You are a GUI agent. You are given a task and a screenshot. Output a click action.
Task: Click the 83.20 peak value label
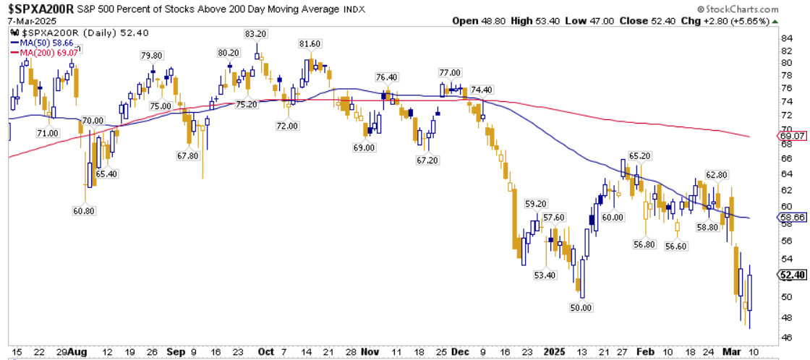tap(257, 33)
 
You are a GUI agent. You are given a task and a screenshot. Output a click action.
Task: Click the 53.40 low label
tap(545, 275)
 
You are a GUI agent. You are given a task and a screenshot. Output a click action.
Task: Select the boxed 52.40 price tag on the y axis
tap(793, 275)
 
